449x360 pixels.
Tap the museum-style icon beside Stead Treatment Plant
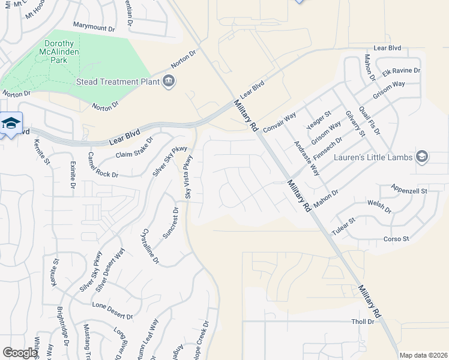[169, 81]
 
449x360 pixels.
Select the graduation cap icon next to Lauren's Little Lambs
[422, 157]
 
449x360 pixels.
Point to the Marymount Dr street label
[94, 28]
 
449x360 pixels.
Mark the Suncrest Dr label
[175, 221]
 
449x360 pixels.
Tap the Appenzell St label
[409, 190]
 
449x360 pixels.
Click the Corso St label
[396, 239]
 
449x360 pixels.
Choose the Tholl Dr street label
[363, 322]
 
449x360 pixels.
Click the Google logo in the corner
[20, 352]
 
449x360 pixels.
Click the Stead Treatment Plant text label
[117, 82]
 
